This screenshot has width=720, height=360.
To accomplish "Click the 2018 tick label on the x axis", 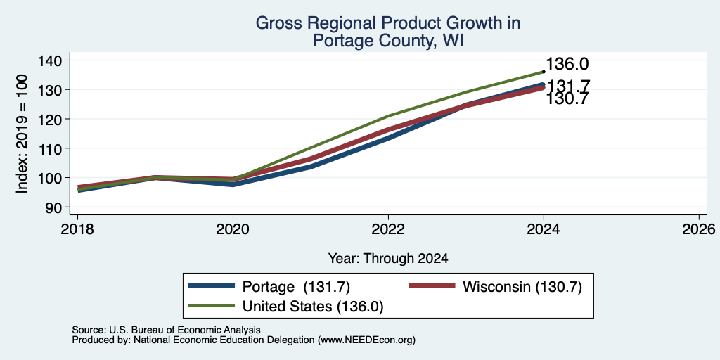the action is tap(77, 229).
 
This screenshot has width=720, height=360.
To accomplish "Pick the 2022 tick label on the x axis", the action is tap(388, 229).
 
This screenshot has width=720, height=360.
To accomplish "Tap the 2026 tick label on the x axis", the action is tap(699, 229).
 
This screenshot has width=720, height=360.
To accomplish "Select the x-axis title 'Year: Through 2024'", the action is tap(388, 259).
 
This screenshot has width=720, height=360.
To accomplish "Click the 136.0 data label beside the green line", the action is tap(567, 64).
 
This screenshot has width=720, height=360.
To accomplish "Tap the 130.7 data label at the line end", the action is tap(567, 98).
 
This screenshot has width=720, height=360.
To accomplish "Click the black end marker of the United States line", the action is tap(544, 72).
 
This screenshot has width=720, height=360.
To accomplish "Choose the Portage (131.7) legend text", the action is tap(296, 287).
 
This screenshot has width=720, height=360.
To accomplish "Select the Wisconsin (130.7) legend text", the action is tap(522, 287).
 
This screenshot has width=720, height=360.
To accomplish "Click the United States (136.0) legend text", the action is tap(313, 307).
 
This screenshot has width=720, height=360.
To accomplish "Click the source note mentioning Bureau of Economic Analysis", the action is tap(166, 330).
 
